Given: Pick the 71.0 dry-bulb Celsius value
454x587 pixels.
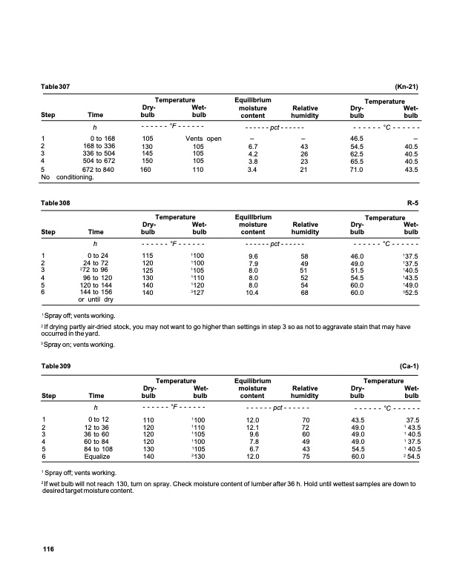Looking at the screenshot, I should click(x=357, y=169).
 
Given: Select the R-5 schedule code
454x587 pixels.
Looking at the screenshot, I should click(x=413, y=201).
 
